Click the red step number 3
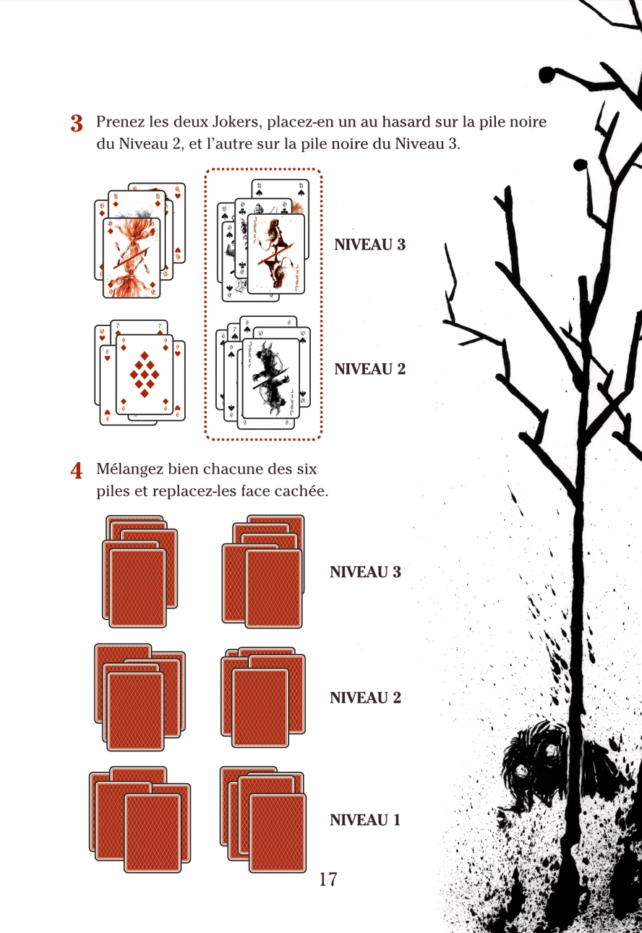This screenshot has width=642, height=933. click(77, 123)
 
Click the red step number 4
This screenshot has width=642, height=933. click(77, 471)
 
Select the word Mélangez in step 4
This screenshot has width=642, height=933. click(130, 469)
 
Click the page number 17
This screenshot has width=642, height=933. click(328, 879)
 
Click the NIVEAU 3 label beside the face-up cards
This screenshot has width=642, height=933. click(369, 244)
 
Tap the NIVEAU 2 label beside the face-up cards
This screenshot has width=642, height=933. click(369, 369)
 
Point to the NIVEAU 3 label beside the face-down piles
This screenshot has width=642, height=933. click(366, 572)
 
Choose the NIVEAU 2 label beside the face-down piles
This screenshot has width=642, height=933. click(366, 698)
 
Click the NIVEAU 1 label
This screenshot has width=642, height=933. click(365, 819)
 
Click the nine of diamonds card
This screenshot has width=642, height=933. click(145, 375)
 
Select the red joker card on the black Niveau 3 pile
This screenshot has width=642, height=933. click(275, 254)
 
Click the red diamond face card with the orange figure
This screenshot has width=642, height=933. click(132, 257)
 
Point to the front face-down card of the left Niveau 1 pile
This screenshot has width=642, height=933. click(153, 833)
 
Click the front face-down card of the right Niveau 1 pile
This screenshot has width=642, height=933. click(278, 833)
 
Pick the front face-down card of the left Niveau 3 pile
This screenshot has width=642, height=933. click(137, 588)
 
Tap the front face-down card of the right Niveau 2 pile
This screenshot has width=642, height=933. click(260, 707)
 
